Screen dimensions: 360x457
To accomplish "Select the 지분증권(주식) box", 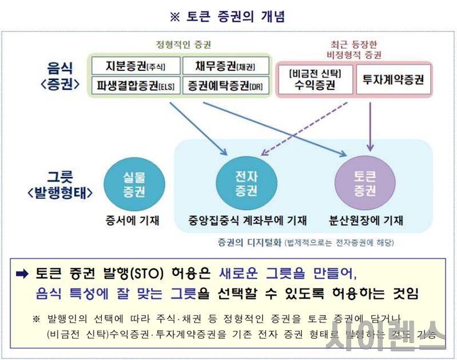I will (136, 66).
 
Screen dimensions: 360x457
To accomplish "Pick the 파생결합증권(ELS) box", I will (136, 85).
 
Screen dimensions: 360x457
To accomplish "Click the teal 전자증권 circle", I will (247, 184).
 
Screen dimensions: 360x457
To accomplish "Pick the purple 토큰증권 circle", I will (364, 184).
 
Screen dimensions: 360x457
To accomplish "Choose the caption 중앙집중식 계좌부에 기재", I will (247, 220).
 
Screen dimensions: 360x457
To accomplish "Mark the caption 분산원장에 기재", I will (365, 220).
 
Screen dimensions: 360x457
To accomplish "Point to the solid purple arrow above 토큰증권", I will (371, 123).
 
